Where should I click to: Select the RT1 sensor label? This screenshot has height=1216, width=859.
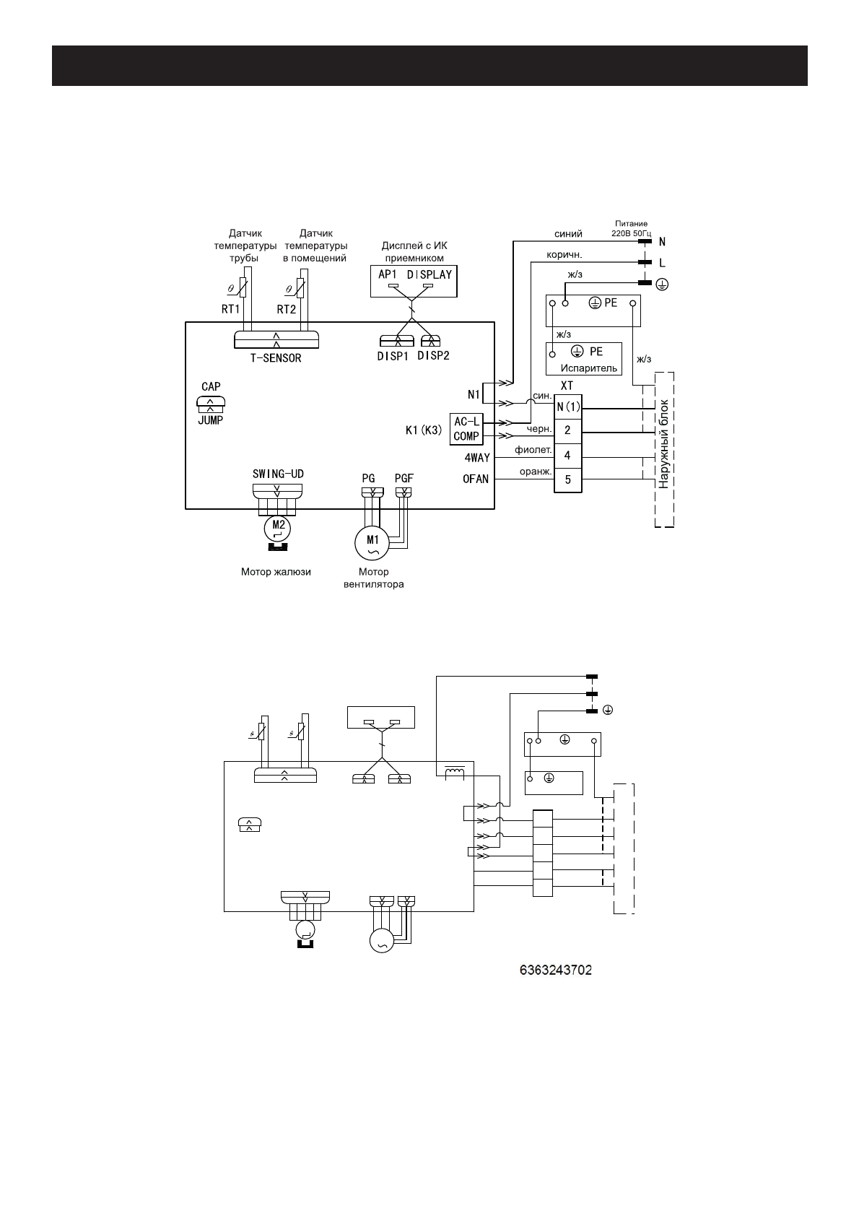pyautogui.click(x=231, y=309)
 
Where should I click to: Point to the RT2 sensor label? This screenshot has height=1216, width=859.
pyautogui.click(x=287, y=309)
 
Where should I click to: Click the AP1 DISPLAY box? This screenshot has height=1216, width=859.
pyautogui.click(x=414, y=281)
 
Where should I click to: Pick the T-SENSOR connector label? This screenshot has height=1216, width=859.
pyautogui.click(x=276, y=357)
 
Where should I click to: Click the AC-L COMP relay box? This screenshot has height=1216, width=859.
pyautogui.click(x=466, y=428)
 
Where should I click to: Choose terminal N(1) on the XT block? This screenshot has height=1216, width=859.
pyautogui.click(x=568, y=407)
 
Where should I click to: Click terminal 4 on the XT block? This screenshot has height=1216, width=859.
pyautogui.click(x=568, y=455)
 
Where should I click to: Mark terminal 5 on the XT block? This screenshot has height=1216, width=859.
pyautogui.click(x=568, y=479)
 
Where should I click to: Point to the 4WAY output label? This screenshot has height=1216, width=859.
pyautogui.click(x=477, y=458)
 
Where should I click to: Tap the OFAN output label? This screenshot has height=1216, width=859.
pyautogui.click(x=476, y=479)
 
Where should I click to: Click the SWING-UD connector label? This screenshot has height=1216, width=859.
pyautogui.click(x=278, y=474)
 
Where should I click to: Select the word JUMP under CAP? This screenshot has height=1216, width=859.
pyautogui.click(x=210, y=420)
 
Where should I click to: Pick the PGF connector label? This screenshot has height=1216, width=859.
pyautogui.click(x=404, y=478)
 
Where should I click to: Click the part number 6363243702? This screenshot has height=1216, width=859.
pyautogui.click(x=556, y=970)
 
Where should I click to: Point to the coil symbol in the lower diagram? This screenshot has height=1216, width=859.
pyautogui.click(x=455, y=773)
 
